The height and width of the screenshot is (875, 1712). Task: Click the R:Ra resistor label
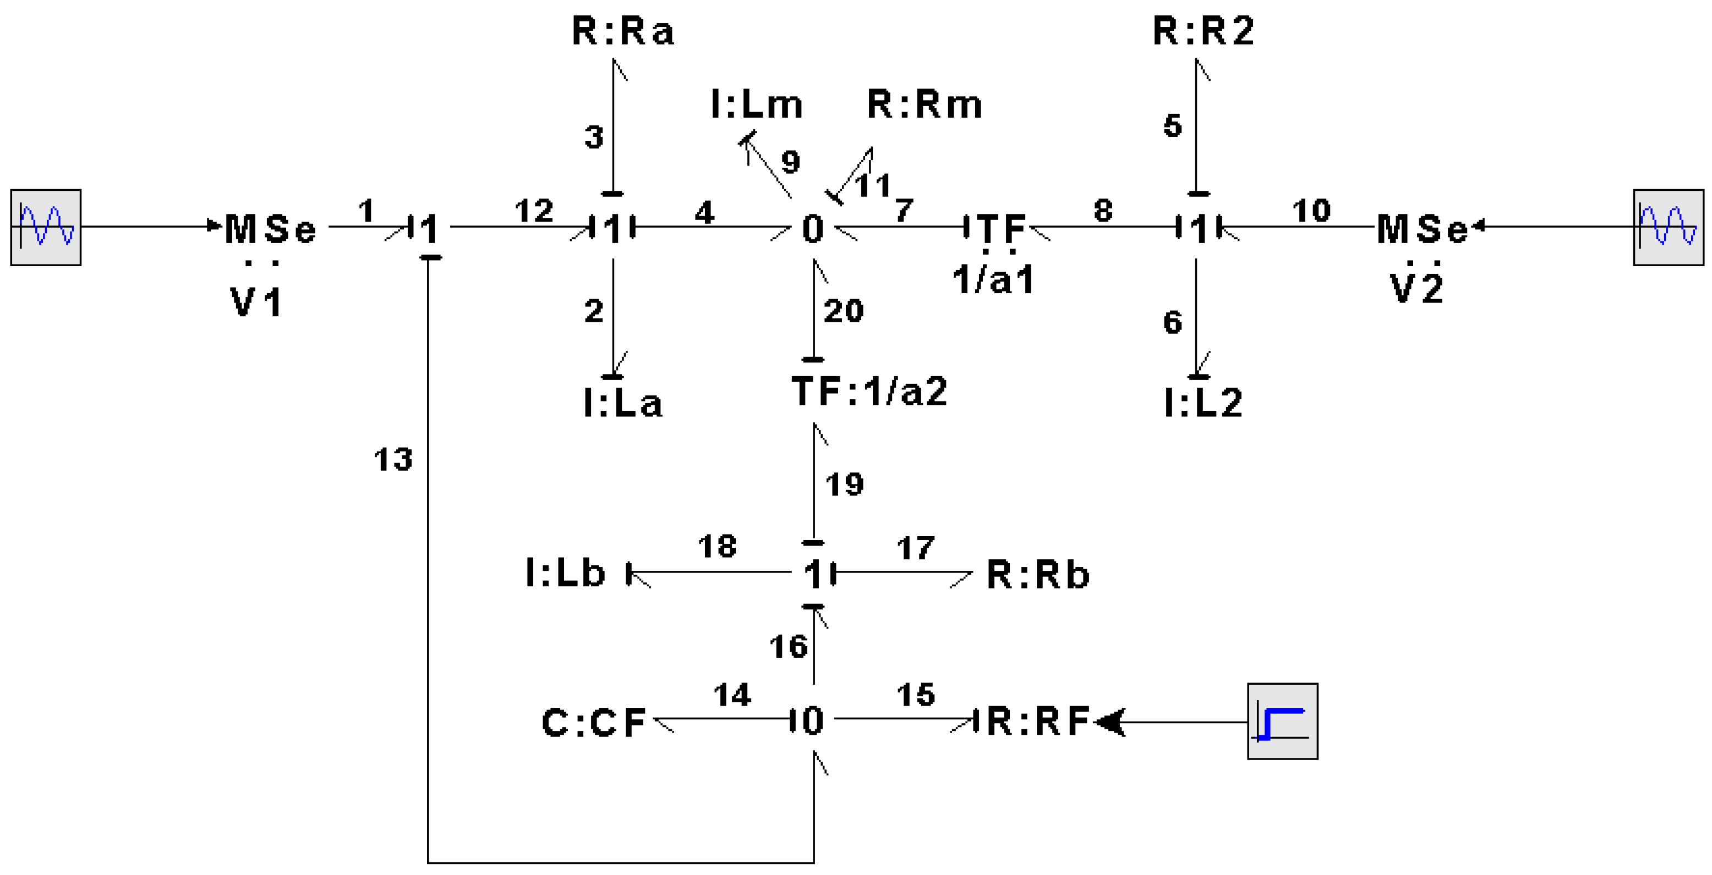coord(623,31)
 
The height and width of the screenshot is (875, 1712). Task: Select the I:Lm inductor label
coord(756,104)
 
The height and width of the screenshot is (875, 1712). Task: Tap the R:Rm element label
coord(925,104)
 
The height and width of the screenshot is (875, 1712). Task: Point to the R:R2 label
coord(1203,31)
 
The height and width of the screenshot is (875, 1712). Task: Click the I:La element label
coord(623,403)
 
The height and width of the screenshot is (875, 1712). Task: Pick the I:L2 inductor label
coord(1203,402)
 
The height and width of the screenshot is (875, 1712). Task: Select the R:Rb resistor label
coord(1037,575)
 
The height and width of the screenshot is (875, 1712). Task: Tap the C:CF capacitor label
coord(593,723)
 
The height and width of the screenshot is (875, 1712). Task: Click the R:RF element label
coord(1037,722)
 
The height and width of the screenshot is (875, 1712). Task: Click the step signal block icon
coord(1282,721)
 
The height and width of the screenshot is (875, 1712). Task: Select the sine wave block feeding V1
coord(45,227)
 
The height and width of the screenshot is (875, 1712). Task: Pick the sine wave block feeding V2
coord(1668,227)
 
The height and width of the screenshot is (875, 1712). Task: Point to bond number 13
coord(393,460)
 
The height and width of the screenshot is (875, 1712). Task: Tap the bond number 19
coord(844,485)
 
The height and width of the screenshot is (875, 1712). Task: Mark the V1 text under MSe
coord(256,302)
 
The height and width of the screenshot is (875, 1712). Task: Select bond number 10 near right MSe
coord(1311,211)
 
